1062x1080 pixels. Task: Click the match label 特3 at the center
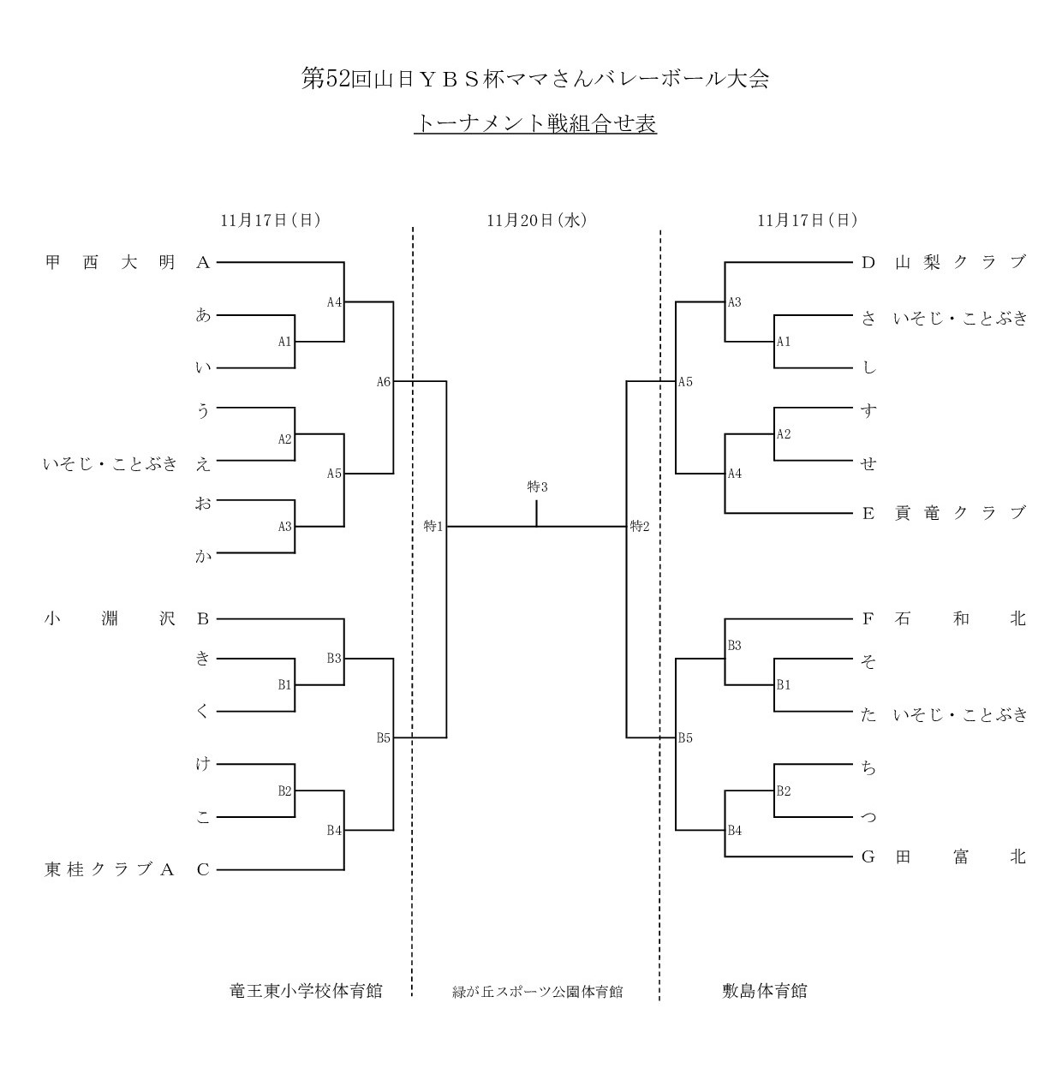pyautogui.click(x=537, y=487)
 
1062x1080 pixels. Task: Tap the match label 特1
pyautogui.click(x=433, y=526)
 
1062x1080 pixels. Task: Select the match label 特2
pyautogui.click(x=640, y=526)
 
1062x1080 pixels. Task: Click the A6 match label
pyautogui.click(x=384, y=382)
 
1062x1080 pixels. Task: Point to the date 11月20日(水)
pyautogui.click(x=536, y=220)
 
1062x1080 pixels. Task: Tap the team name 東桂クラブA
pyautogui.click(x=110, y=870)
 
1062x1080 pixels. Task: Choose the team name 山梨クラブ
pyautogui.click(x=960, y=263)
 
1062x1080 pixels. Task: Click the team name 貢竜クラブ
pyautogui.click(x=960, y=513)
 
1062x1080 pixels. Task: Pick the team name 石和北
pyautogui.click(x=960, y=618)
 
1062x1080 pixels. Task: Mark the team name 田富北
pyautogui.click(x=960, y=856)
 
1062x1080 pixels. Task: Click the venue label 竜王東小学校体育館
pyautogui.click(x=307, y=991)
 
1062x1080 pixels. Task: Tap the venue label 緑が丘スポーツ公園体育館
pyautogui.click(x=537, y=993)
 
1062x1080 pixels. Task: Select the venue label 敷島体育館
pyautogui.click(x=765, y=991)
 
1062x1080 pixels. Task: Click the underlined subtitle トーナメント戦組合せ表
pyautogui.click(x=535, y=124)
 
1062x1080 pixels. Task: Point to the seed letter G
pyautogui.click(x=868, y=856)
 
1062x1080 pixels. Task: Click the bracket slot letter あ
pyautogui.click(x=203, y=315)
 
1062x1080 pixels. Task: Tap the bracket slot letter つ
pyautogui.click(x=868, y=817)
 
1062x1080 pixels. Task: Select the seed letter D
pyautogui.click(x=868, y=263)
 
